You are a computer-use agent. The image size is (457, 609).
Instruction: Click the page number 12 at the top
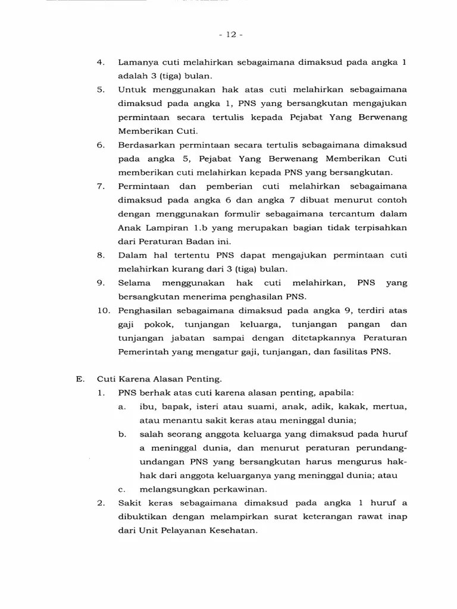click(x=228, y=34)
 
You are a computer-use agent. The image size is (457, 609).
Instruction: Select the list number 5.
click(x=101, y=90)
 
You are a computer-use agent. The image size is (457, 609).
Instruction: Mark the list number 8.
click(x=101, y=255)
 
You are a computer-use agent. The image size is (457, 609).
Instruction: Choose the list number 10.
click(x=103, y=310)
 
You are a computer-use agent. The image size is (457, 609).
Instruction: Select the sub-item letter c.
click(x=121, y=489)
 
